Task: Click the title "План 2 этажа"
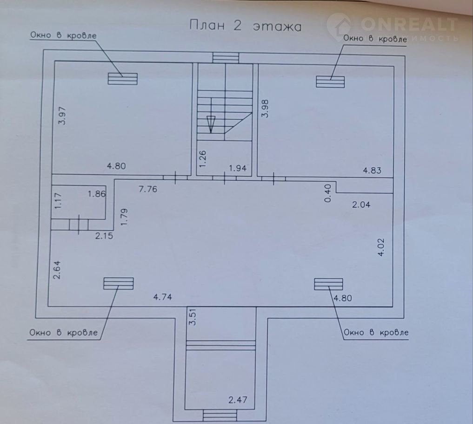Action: (245, 26)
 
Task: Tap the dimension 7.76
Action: (148, 189)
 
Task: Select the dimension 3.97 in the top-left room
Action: (62, 116)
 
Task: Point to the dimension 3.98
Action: (265, 109)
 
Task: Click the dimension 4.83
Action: (372, 171)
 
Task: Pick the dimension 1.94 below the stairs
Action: (238, 168)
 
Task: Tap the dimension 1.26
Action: (203, 159)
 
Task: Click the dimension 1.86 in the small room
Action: (97, 194)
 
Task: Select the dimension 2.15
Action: (104, 236)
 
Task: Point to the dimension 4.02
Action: (381, 247)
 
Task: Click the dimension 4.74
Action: (163, 297)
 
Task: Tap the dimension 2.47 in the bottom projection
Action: (238, 400)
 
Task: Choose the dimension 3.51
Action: (193, 316)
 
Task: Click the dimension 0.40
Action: (328, 193)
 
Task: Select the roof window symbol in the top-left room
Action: (123, 79)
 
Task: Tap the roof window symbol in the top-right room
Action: (330, 82)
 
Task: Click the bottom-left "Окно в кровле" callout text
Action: (64, 333)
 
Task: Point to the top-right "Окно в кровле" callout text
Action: (375, 39)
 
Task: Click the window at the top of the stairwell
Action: (226, 58)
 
